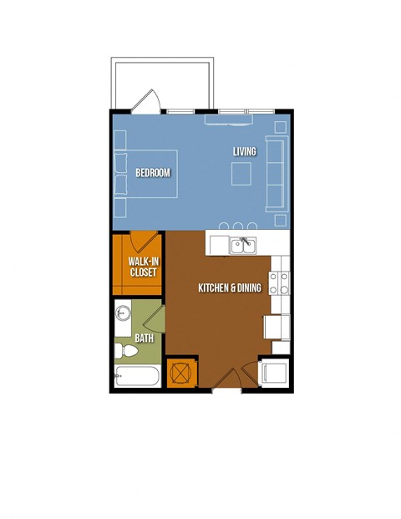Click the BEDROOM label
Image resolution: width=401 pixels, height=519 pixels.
pyautogui.click(x=153, y=173)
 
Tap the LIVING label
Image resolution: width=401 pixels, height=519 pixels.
pyautogui.click(x=245, y=151)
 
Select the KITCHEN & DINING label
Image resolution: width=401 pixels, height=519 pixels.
pyautogui.click(x=230, y=287)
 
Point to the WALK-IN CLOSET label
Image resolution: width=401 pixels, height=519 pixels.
pyautogui.click(x=143, y=267)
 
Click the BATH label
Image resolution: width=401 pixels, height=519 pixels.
pyautogui.click(x=145, y=338)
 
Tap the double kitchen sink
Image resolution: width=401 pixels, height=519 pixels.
pyautogui.click(x=243, y=246)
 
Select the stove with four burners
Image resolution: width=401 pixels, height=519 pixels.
pyautogui.click(x=279, y=283)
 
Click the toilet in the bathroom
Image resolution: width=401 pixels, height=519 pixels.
pyautogui.click(x=126, y=351)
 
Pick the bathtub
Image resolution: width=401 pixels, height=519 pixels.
pyautogui.click(x=137, y=376)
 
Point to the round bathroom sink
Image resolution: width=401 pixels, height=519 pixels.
pyautogui.click(x=123, y=313)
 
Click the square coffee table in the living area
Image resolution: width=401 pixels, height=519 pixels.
pyautogui.click(x=241, y=174)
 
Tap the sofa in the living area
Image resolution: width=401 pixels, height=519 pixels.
pyautogui.click(x=276, y=174)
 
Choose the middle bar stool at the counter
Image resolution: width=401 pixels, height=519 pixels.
pyautogui.click(x=238, y=226)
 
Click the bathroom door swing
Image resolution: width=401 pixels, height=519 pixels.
pyautogui.click(x=155, y=319)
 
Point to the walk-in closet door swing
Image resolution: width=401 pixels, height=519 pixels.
pyautogui.click(x=144, y=242)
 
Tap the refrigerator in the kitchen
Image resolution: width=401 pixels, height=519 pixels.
pyautogui.click(x=277, y=327)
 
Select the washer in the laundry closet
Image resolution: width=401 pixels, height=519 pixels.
pyautogui.click(x=274, y=374)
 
